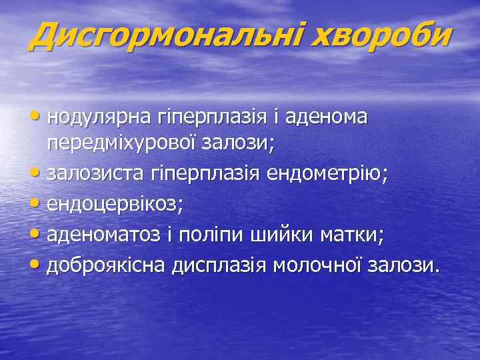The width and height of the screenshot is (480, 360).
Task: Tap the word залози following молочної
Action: pos(407,266)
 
